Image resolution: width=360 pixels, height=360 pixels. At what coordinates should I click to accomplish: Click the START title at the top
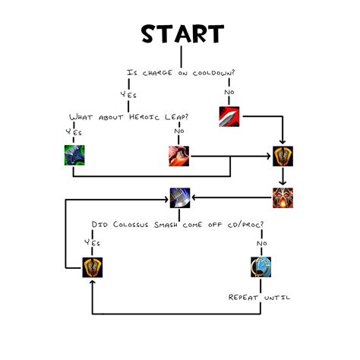coord(182,34)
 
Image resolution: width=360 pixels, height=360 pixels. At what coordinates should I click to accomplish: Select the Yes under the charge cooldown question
coord(128,95)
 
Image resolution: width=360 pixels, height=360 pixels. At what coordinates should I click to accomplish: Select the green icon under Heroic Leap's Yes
coord(74,156)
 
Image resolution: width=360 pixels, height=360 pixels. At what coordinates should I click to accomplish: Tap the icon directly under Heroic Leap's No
coord(179,156)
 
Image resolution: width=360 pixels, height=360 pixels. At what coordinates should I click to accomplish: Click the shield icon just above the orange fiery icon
coord(283,156)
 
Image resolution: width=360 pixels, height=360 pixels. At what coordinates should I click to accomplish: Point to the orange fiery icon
coord(283,197)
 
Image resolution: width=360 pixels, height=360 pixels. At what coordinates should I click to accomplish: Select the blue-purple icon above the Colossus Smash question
coord(179,197)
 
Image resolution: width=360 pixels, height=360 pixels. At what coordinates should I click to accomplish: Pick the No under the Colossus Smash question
coord(261,242)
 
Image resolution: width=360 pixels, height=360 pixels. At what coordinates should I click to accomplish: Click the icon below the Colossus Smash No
coord(261,267)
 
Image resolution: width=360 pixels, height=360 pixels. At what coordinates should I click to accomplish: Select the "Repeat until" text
coord(259,297)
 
